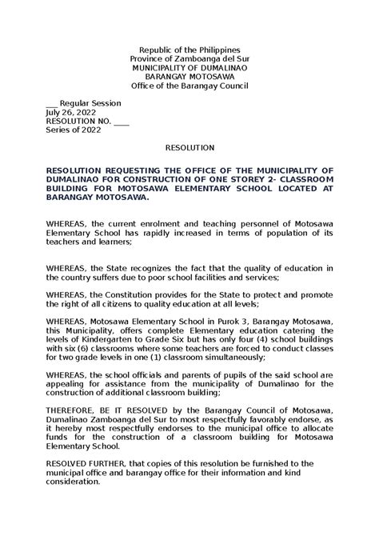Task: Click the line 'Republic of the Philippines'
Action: point(189,50)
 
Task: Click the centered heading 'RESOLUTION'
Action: point(189,148)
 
